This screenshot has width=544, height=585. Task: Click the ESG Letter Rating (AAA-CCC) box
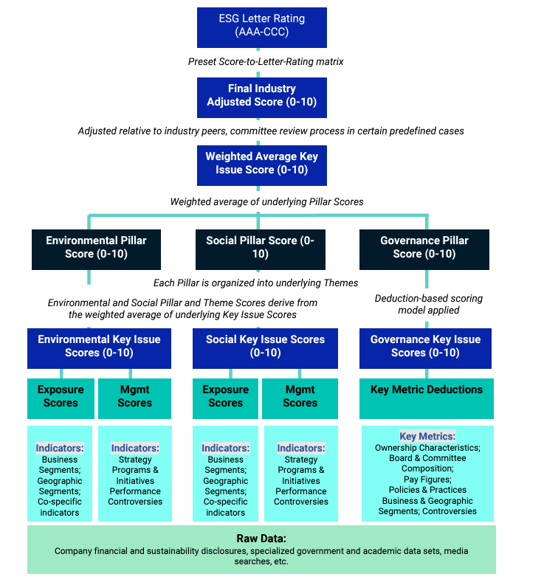[x=261, y=26]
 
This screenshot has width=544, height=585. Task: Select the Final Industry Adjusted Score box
[x=261, y=96]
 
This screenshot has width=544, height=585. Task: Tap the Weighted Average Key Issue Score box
[x=261, y=163]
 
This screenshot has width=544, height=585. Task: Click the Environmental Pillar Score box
[x=96, y=248]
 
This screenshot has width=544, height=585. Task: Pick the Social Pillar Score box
[x=260, y=248]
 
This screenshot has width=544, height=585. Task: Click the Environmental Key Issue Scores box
[x=99, y=346]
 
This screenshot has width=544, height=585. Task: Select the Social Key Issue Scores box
[x=265, y=346]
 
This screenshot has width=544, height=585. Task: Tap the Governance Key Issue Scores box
[x=425, y=346]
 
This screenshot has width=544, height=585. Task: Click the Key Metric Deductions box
[x=427, y=390]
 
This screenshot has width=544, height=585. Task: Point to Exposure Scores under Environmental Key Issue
[x=61, y=397]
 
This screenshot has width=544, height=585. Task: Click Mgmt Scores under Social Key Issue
[x=300, y=397]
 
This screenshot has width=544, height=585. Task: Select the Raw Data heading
[x=261, y=539]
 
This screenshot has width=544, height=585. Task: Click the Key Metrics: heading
[x=427, y=436]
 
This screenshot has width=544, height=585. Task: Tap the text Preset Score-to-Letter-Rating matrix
[x=266, y=61]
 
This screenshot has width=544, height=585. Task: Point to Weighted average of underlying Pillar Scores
[x=266, y=201]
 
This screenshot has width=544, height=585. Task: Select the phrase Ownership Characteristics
[x=427, y=448]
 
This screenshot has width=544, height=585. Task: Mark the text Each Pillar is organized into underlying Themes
[x=255, y=283]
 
